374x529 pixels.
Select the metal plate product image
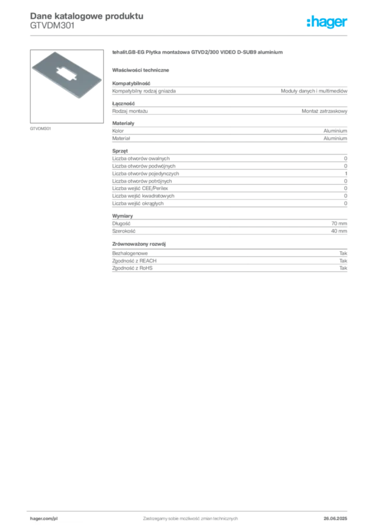click(68, 73)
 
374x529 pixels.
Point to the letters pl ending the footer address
click(54, 518)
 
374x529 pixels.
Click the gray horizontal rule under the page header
click(190, 35)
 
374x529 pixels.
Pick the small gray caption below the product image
click(41, 128)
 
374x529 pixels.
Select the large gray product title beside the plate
click(198, 53)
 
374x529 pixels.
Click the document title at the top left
click(85, 17)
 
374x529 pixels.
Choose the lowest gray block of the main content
click(229, 262)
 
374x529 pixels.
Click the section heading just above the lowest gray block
click(141, 243)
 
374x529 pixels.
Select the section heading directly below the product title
click(142, 70)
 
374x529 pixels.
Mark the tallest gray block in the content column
click(229, 181)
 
